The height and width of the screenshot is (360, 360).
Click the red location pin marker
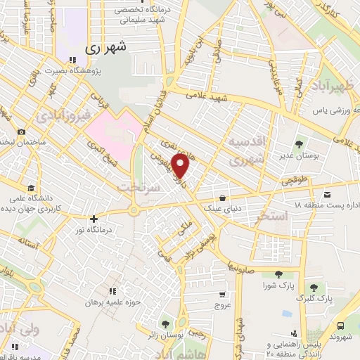(181, 166)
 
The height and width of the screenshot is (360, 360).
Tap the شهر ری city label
(108, 49)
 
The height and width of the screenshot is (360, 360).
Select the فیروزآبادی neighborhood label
(64, 114)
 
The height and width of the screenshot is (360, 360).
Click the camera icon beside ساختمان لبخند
(22, 132)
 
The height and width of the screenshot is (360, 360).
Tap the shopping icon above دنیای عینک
(222, 198)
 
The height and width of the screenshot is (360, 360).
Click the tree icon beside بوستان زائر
(165, 324)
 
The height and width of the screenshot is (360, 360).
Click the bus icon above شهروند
(341, 326)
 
